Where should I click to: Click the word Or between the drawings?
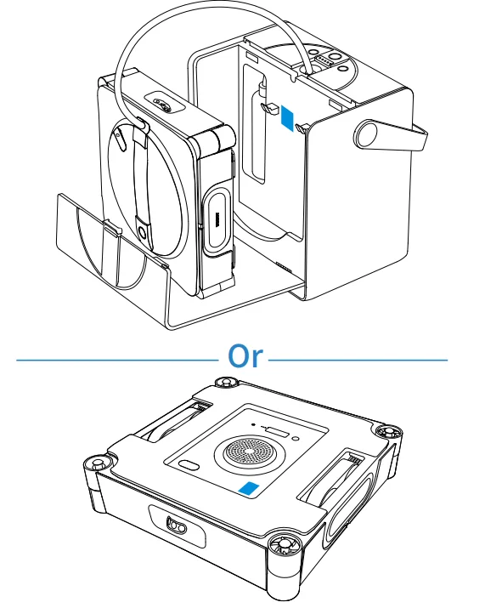[x=245, y=356]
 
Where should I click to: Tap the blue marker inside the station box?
[x=287, y=118]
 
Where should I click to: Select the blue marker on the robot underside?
[x=249, y=489]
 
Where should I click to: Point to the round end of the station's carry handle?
[x=367, y=134]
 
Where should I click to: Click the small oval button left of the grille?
[x=189, y=464]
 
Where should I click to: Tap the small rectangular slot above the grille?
[x=278, y=432]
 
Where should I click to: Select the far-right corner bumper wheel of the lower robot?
[x=388, y=432]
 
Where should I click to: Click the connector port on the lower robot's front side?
[x=177, y=526]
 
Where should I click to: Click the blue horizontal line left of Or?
[x=117, y=361]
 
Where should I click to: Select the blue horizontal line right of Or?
[x=358, y=360]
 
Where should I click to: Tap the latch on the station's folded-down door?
[x=112, y=227]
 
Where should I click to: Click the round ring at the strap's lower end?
[x=142, y=233]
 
